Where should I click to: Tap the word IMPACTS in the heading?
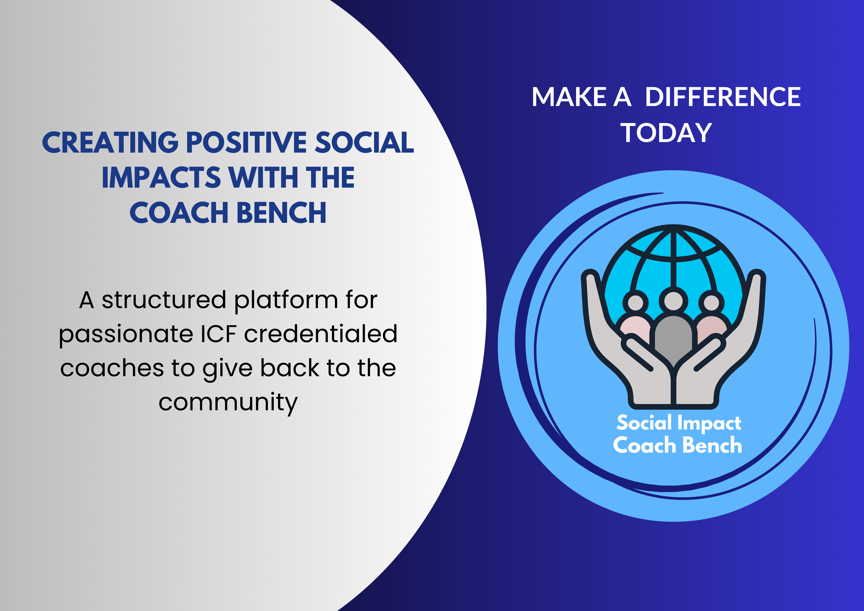(161, 178)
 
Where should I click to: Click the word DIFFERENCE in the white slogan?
(723, 97)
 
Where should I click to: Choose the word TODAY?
(666, 133)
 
